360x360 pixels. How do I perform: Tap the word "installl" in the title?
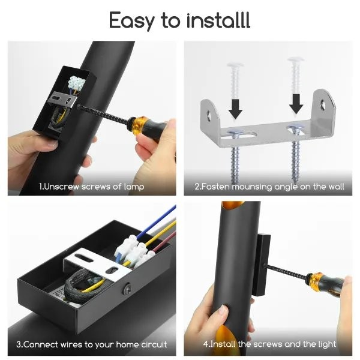coord(218,20)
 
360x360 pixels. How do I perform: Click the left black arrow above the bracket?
coord(235,109)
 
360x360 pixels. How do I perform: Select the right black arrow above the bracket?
coord(296,104)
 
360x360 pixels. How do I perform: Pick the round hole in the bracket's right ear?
coord(323,104)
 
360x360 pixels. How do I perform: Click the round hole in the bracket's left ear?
coord(209,115)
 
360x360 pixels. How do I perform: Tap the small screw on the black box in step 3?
coord(127,289)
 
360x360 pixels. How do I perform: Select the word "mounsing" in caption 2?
coord(252,187)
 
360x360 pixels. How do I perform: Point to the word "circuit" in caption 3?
coord(154,344)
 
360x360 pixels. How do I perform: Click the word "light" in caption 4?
coord(327,344)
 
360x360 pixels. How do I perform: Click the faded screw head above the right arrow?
coord(296,59)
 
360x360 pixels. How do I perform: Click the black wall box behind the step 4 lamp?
coord(263,265)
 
